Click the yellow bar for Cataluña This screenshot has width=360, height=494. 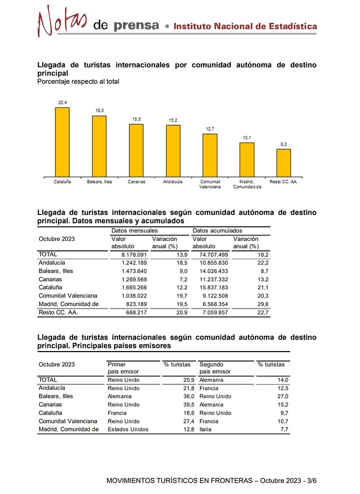pos(63,141)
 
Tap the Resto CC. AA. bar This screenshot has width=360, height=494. pos(283,163)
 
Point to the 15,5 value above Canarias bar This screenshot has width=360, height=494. pos(136,119)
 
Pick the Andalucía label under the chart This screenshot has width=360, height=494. pos(173,182)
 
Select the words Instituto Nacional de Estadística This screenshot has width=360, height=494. pos(245,26)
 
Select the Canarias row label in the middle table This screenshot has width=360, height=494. pos(51,279)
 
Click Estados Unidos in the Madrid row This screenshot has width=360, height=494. pos(128,429)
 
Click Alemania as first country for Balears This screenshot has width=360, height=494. pos(119,396)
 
